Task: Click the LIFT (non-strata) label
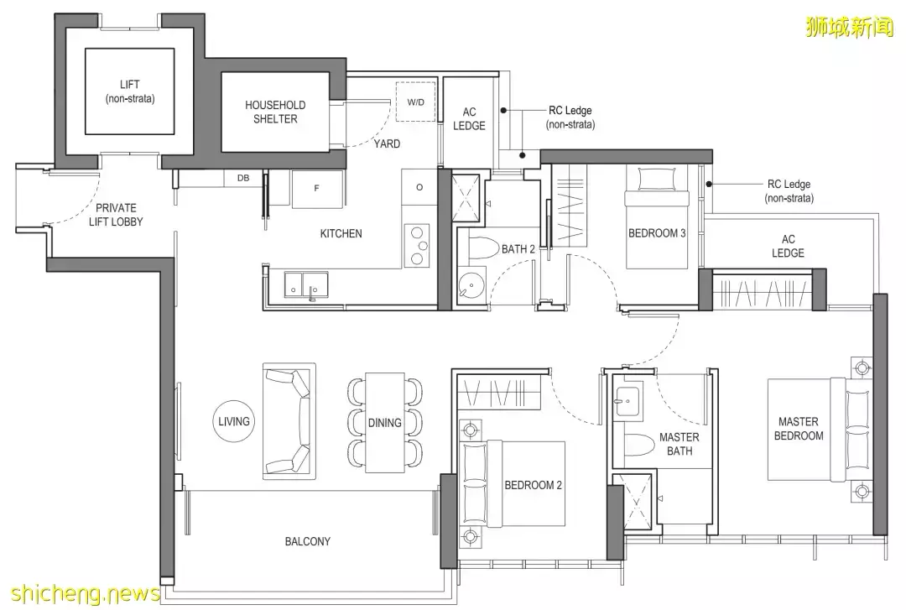click(130, 91)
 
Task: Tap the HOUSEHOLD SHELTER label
click(275, 112)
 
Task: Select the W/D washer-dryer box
click(415, 102)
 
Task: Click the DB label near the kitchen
click(243, 178)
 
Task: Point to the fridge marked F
click(317, 189)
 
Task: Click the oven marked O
click(419, 187)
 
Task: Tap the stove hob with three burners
click(418, 245)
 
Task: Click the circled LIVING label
click(234, 421)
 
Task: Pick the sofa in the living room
click(289, 421)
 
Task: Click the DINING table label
click(385, 423)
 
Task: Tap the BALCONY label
click(307, 542)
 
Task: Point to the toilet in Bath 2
click(482, 249)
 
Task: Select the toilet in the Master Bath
click(638, 444)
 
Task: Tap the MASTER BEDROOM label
click(799, 429)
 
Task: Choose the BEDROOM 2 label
click(533, 485)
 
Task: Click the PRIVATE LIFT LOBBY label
click(116, 215)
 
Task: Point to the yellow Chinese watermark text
click(849, 26)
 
